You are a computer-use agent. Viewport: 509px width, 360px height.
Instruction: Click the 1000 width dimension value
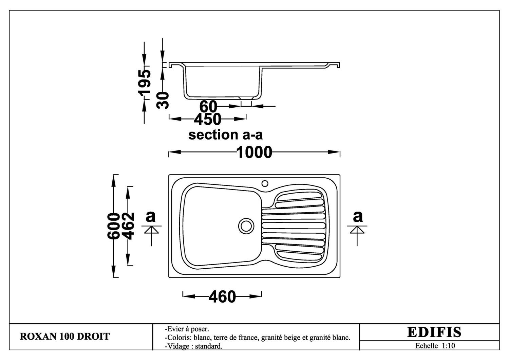click(x=254, y=152)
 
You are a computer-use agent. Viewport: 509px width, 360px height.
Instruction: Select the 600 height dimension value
click(x=113, y=226)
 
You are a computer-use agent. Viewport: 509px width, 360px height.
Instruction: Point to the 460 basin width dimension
click(x=222, y=296)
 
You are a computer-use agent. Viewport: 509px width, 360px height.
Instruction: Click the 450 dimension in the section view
click(x=207, y=119)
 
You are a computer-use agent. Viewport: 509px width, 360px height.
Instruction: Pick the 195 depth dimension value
click(x=144, y=82)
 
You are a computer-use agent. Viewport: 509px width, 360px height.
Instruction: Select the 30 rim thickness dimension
click(x=163, y=100)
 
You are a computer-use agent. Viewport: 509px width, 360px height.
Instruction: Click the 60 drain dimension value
click(x=208, y=106)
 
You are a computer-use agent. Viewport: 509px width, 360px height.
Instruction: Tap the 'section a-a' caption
click(x=225, y=135)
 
